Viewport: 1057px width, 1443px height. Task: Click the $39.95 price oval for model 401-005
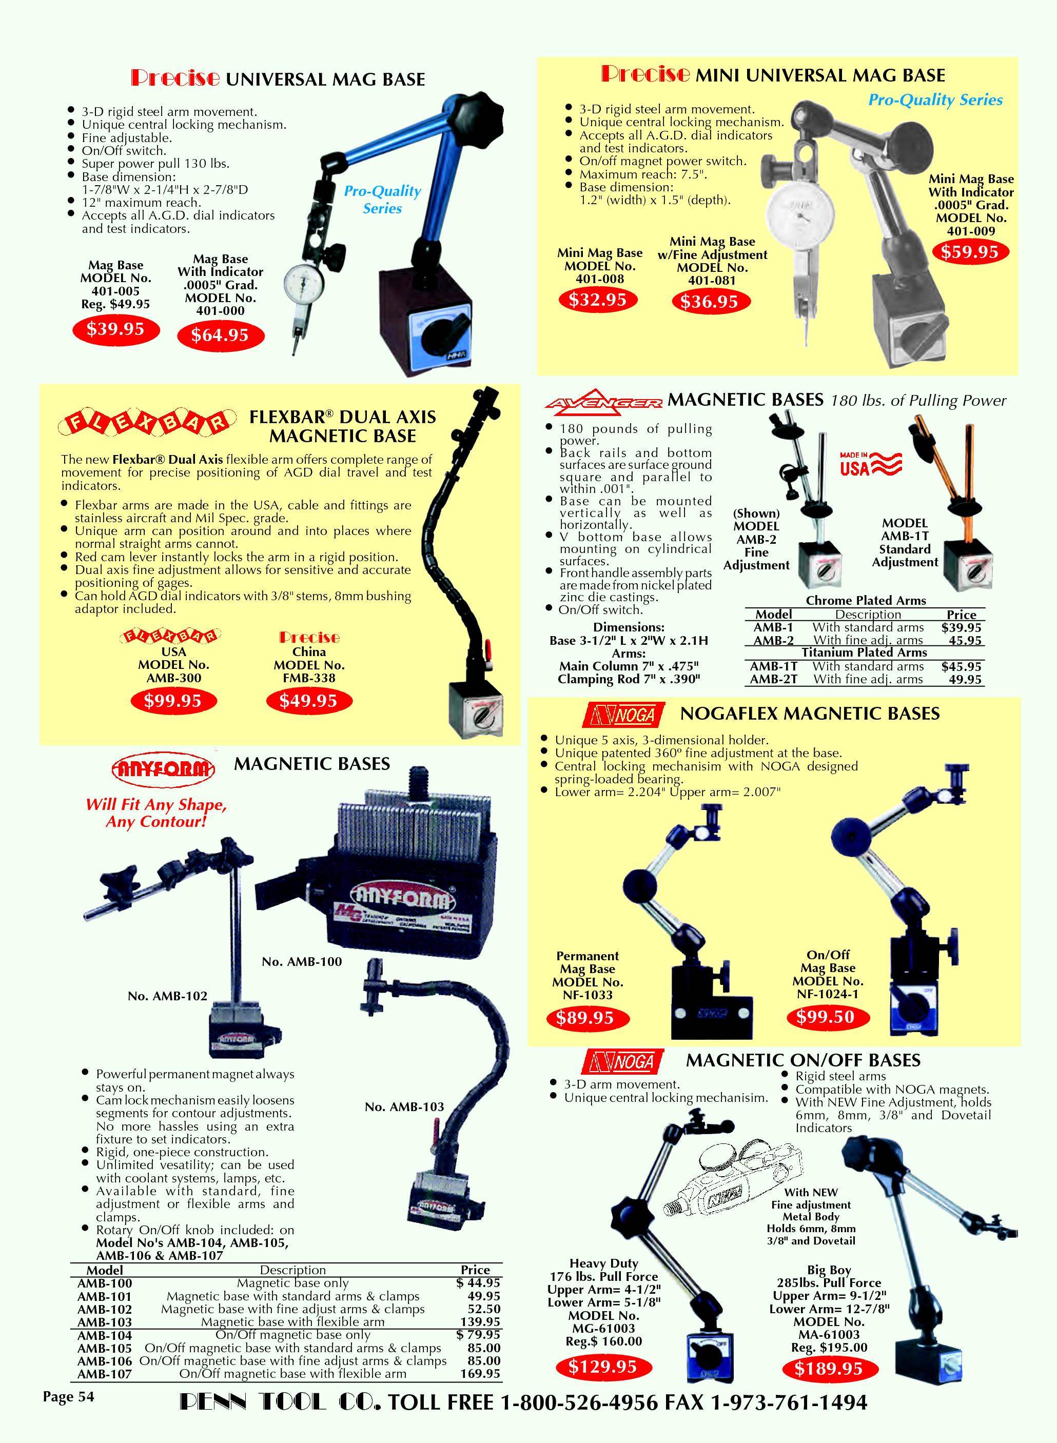[116, 329]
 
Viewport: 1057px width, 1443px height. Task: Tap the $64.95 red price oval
[220, 335]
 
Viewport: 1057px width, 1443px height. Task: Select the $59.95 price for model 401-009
[970, 252]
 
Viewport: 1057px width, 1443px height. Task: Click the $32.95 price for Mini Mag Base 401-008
[598, 300]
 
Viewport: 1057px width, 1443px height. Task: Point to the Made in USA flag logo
[871, 464]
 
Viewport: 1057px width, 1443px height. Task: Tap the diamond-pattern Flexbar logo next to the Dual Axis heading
[143, 422]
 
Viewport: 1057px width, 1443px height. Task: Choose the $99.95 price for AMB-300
[173, 701]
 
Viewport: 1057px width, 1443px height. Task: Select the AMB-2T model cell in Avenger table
[774, 679]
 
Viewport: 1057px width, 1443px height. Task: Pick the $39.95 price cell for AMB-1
[961, 627]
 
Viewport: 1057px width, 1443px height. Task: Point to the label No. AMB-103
[404, 1106]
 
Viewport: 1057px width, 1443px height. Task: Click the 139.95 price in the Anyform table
[480, 1321]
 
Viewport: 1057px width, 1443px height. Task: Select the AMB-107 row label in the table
[104, 1374]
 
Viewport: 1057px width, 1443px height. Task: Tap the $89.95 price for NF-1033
[585, 1018]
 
